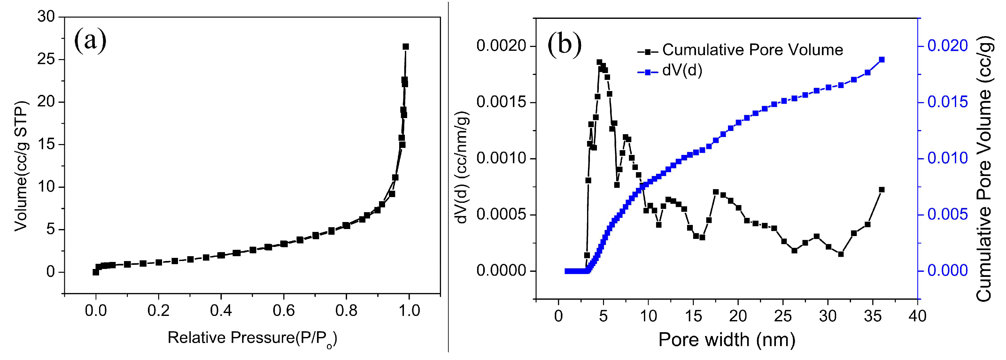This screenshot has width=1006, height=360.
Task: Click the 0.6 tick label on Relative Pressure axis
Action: pyautogui.click(x=283, y=310)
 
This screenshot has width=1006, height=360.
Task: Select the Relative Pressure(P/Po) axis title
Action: pyautogui.click(x=252, y=338)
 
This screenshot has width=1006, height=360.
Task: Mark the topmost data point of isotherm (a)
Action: pyautogui.click(x=406, y=46)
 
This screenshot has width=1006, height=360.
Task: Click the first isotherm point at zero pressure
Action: pyautogui.click(x=96, y=272)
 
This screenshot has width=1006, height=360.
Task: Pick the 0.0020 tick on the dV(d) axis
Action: pyautogui.click(x=501, y=46)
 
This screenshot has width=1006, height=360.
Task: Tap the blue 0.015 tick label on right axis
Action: pyautogui.click(x=948, y=102)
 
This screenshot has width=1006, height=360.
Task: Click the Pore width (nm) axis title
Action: pyautogui.click(x=726, y=339)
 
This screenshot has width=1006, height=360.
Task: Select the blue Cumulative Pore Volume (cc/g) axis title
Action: pyautogui.click(x=983, y=168)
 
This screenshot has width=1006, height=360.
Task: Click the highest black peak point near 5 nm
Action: pyautogui.click(x=600, y=62)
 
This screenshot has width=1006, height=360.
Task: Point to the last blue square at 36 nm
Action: pyautogui.click(x=881, y=60)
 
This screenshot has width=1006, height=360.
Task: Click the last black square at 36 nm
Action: pyautogui.click(x=881, y=190)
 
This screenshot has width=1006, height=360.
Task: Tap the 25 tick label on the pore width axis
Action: pyautogui.click(x=783, y=316)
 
